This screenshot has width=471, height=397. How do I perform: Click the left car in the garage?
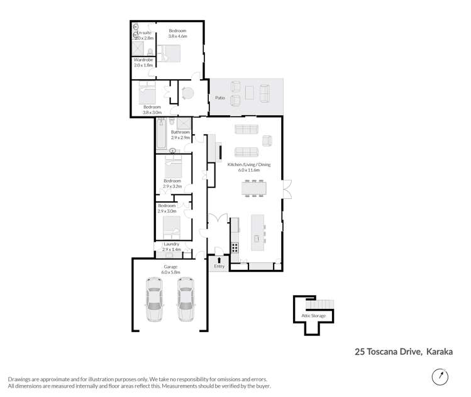[x=154, y=299]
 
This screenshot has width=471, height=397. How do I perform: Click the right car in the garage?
[x=185, y=299]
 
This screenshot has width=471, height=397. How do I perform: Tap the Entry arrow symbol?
[x=219, y=259]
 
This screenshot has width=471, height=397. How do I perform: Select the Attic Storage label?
[x=313, y=315]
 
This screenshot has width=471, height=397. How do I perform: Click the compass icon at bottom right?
[x=440, y=377]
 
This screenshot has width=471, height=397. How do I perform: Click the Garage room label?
[x=170, y=267]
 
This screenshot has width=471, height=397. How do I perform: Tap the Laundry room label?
[x=171, y=244]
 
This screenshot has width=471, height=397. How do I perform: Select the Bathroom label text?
[x=180, y=132]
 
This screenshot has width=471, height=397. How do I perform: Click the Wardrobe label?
[x=144, y=60]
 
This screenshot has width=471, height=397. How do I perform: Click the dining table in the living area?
[x=253, y=187]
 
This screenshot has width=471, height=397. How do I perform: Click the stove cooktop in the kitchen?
[x=235, y=247]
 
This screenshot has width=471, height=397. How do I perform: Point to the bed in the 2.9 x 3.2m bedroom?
[x=172, y=167]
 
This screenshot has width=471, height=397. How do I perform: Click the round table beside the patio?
[x=188, y=94]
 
